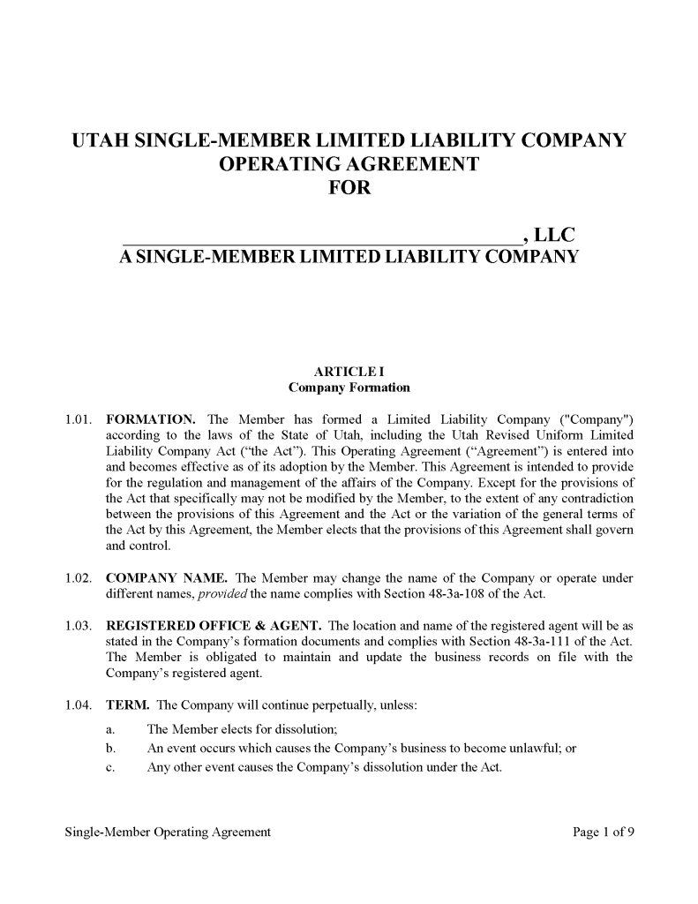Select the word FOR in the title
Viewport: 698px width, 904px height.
click(x=349, y=187)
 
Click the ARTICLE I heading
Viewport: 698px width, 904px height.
click(x=349, y=372)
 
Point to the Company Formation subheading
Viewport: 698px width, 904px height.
click(x=349, y=388)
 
